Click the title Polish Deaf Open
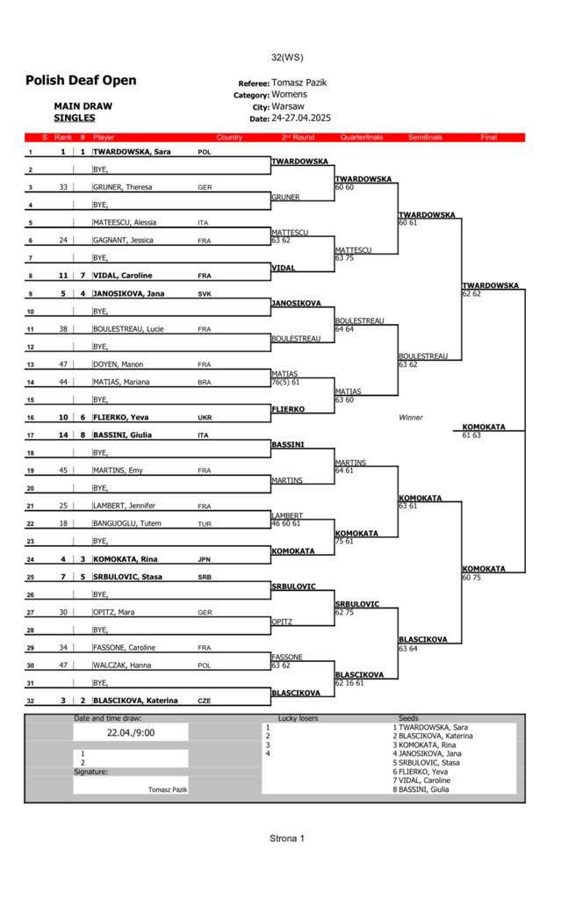point(81,81)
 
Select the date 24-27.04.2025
point(301,118)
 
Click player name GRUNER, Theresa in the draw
point(124,187)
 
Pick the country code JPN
point(205,559)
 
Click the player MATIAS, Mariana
point(121,382)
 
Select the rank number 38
point(62,329)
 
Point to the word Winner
point(411,417)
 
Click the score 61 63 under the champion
point(471,435)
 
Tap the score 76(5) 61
point(285,382)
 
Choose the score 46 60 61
point(285,524)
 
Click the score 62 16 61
point(349,683)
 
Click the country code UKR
point(205,418)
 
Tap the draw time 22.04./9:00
point(130,732)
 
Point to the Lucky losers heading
point(298,718)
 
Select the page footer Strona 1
point(286,838)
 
